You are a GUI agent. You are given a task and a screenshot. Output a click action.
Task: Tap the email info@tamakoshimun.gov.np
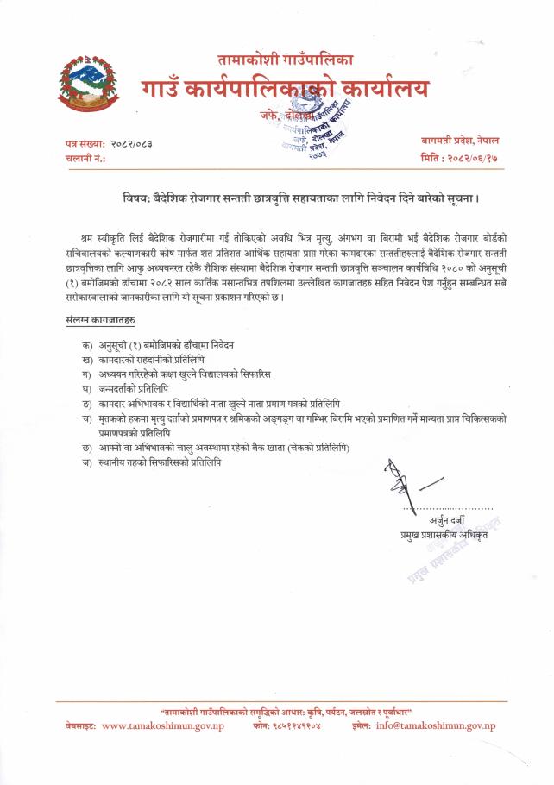(x=435, y=726)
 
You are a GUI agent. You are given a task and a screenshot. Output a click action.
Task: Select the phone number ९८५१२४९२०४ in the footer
(x=304, y=726)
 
